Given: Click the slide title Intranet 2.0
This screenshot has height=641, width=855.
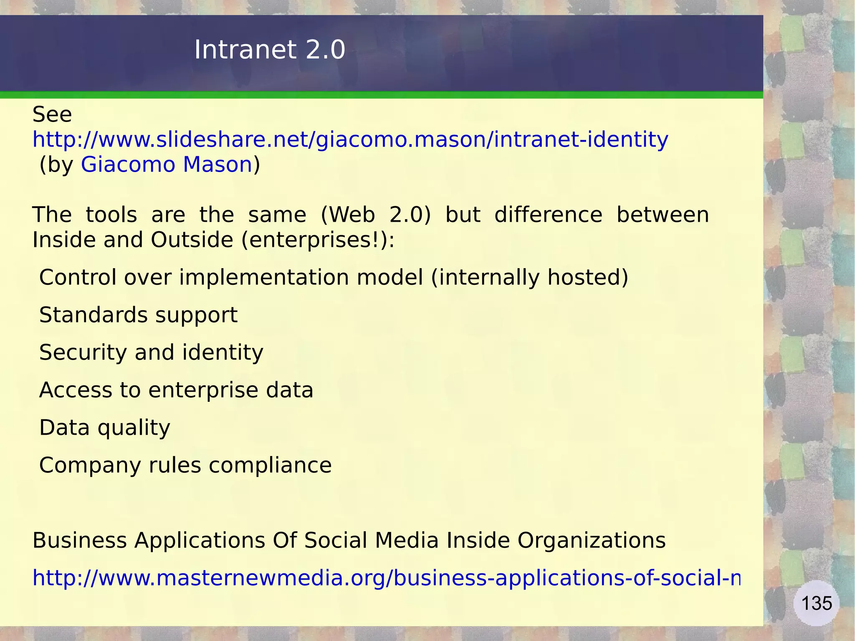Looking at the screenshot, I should click(x=270, y=50).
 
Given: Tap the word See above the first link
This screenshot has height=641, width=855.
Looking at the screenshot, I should click(x=52, y=114).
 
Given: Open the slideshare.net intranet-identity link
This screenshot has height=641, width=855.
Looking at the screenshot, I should click(x=350, y=139).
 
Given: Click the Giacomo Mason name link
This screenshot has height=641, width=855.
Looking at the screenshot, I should click(x=167, y=165).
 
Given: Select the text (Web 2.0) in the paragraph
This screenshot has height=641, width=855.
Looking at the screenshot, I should click(x=376, y=215).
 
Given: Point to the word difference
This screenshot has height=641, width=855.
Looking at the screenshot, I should click(x=548, y=215).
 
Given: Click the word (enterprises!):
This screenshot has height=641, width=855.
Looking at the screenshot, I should click(x=318, y=240).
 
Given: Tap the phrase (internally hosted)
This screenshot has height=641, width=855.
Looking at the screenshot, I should click(x=529, y=277).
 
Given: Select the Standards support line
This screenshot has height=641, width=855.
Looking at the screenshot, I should click(x=138, y=315).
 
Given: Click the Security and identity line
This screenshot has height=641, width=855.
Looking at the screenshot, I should click(x=151, y=352).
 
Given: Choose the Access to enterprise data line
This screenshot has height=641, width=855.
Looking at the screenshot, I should click(x=176, y=390).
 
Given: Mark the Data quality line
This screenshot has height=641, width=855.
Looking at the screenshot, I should click(x=105, y=428).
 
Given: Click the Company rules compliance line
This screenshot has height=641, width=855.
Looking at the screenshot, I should click(x=185, y=465).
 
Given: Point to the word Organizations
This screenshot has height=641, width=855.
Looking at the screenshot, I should click(x=592, y=540).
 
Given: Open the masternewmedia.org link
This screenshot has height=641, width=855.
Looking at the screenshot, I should click(x=386, y=578).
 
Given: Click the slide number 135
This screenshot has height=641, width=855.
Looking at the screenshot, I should click(x=816, y=603).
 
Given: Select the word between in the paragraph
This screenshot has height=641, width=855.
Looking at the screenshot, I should click(x=663, y=215).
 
